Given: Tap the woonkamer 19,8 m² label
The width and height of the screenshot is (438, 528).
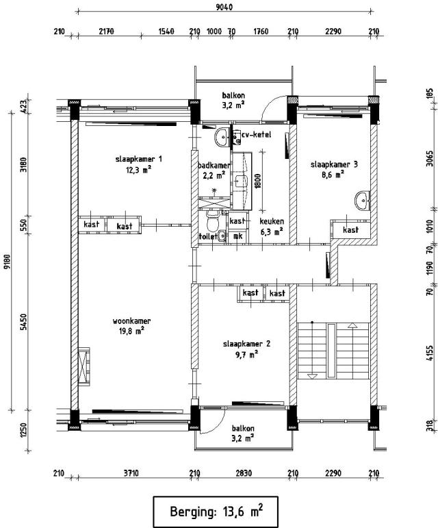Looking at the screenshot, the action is coord(131,326).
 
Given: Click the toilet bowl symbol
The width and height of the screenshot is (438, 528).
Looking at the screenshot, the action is coord(213,222).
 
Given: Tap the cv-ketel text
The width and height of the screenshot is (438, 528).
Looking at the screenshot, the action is coord(257,135).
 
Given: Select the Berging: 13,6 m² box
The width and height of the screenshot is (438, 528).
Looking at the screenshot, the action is coord(216,512).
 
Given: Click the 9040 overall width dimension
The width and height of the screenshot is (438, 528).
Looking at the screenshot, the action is coord(224,7).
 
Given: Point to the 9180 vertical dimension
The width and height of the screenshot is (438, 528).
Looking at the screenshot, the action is coord(7,262).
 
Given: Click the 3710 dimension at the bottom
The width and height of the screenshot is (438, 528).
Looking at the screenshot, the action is coord(131,473).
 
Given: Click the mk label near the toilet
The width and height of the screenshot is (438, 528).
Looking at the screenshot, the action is coord(238,236).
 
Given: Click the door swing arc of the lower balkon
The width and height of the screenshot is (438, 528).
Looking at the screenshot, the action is coord(217,424).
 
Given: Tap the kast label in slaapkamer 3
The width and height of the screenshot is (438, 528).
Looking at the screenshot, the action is coord(350,230).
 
